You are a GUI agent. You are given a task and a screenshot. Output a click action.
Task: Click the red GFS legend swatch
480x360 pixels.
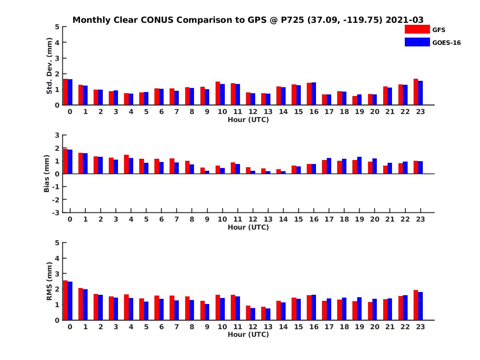[x=417, y=29]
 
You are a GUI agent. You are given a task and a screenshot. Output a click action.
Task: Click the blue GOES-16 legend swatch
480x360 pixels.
[x=417, y=42]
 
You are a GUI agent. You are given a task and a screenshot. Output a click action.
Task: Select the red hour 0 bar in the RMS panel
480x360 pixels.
[x=66, y=300]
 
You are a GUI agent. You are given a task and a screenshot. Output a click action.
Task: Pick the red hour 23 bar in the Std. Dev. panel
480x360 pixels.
[x=416, y=92]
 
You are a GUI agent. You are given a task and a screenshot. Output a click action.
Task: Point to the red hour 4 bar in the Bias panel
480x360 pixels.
[x=126, y=164]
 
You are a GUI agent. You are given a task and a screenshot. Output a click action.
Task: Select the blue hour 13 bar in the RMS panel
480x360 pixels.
[x=268, y=314]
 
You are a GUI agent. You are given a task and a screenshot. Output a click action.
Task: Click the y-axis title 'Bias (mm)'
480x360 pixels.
[x=47, y=174]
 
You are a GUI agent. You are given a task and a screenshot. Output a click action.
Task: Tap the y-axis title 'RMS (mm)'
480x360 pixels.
[x=49, y=281]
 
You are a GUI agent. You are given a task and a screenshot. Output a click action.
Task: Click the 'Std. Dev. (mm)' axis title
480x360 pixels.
[x=49, y=66]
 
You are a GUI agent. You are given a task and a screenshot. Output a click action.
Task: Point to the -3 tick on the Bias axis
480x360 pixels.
[x=55, y=212]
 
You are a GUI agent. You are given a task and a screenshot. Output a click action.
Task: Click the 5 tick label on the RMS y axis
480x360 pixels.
[x=57, y=243]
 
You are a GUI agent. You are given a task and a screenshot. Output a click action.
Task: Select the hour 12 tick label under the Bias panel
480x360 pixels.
[x=253, y=219]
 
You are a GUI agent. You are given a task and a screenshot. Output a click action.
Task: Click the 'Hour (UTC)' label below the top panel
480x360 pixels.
[x=248, y=120]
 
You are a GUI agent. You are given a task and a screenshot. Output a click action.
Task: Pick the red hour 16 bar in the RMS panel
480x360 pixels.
[x=309, y=308]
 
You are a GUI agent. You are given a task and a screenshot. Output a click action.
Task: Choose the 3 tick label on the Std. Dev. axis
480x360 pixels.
[x=57, y=58]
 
